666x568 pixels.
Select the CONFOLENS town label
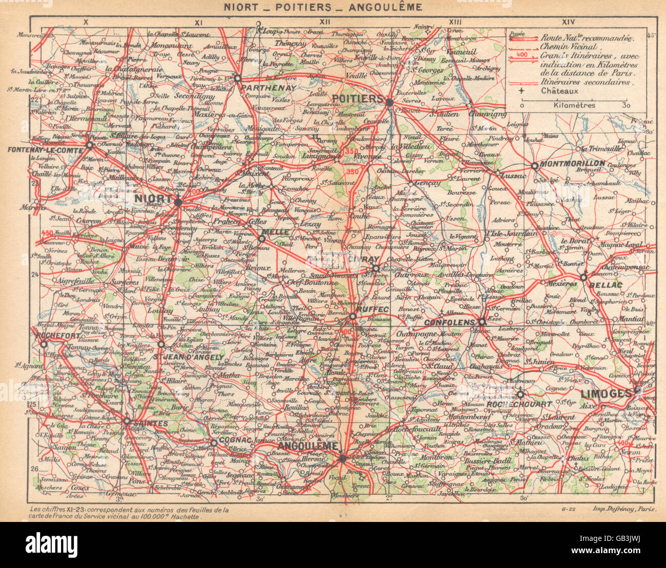[450, 323]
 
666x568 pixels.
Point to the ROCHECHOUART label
[518, 404]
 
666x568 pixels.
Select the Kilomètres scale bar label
[574, 105]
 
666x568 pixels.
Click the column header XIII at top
[455, 21]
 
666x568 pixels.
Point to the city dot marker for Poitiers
[389, 102]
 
